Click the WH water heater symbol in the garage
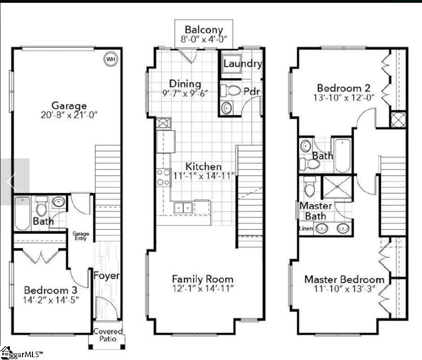pyautogui.click(x=110, y=59)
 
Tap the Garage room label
pyautogui.click(x=69, y=106)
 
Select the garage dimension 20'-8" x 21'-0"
pyautogui.click(x=69, y=115)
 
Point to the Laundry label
pyautogui.click(x=242, y=64)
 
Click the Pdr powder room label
pyautogui.click(x=251, y=91)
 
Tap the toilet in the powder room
pyautogui.click(x=230, y=90)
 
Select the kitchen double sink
pyautogui.click(x=184, y=207)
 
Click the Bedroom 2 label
pyautogui.click(x=344, y=88)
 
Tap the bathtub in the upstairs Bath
pyautogui.click(x=342, y=155)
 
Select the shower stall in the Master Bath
pyautogui.click(x=336, y=188)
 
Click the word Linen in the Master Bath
pyautogui.click(x=306, y=228)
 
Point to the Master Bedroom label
pyautogui.click(x=344, y=279)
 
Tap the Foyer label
pyautogui.click(x=107, y=276)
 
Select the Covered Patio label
pyautogui.click(x=108, y=335)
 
